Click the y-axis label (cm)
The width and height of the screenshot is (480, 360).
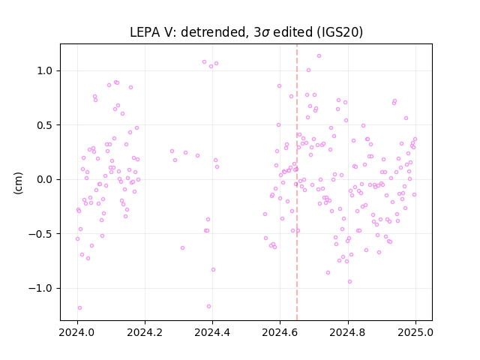pos(18,183)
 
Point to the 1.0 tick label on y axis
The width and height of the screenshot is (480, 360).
pos(45,70)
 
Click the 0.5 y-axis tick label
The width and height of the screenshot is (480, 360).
pos(45,125)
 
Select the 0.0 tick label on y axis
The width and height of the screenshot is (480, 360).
pos(45,179)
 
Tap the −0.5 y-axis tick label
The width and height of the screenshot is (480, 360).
pos(40,234)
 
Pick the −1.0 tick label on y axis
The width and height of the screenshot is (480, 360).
pos(40,288)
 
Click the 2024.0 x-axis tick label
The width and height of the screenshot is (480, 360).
pos(77,332)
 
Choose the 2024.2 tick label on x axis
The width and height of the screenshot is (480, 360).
pos(145,332)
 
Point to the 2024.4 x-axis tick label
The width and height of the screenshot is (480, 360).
pos(212,332)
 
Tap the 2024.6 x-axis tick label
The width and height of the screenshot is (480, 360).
pos(280,332)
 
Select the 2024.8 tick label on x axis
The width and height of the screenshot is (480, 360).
pos(348,332)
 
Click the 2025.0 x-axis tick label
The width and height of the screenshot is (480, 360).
pos(415,332)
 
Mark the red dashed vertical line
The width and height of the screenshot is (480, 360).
pos(297,182)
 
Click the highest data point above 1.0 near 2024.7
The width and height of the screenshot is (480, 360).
pos(319,56)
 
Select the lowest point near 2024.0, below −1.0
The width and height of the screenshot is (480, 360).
pos(80,308)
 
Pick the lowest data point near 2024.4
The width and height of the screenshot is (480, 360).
pos(208,307)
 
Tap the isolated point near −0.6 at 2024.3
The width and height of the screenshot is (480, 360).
pos(182,248)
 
